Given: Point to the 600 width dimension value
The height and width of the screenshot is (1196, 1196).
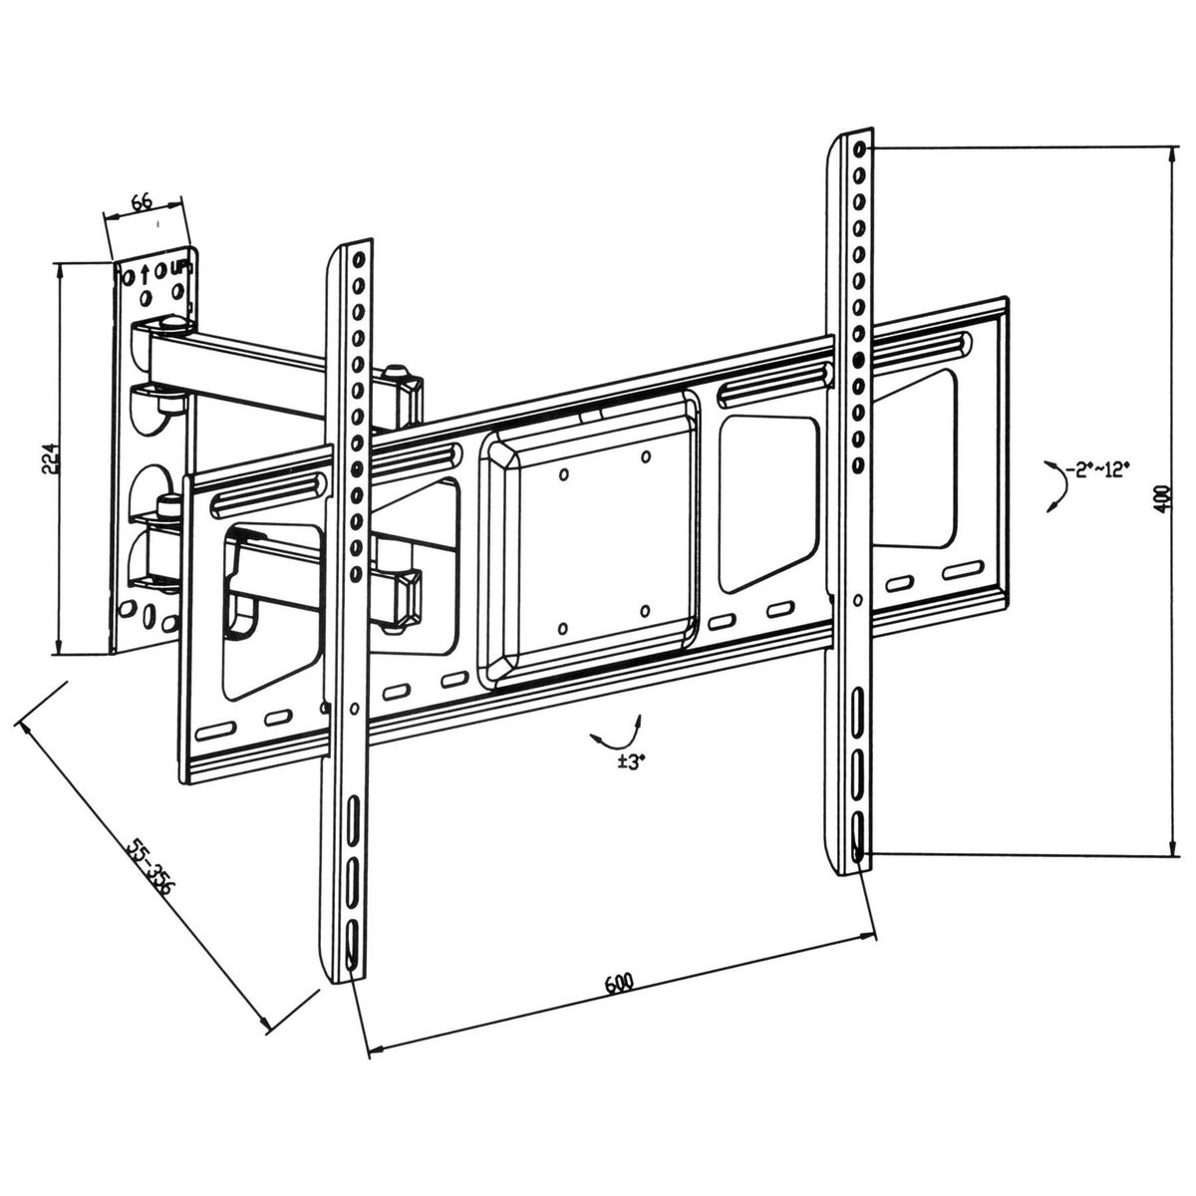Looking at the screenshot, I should pyautogui.click(x=619, y=984).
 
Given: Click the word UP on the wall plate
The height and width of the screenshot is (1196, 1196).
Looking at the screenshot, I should pyautogui.click(x=179, y=268).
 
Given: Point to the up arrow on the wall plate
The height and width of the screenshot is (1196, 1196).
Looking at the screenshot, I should pyautogui.click(x=147, y=270).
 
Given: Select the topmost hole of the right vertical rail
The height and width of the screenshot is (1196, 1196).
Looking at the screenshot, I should pyautogui.click(x=858, y=150).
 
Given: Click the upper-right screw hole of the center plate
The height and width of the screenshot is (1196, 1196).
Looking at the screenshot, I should pyautogui.click(x=646, y=457).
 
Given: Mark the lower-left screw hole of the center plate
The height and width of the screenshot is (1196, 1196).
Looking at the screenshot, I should pyautogui.click(x=563, y=628).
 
